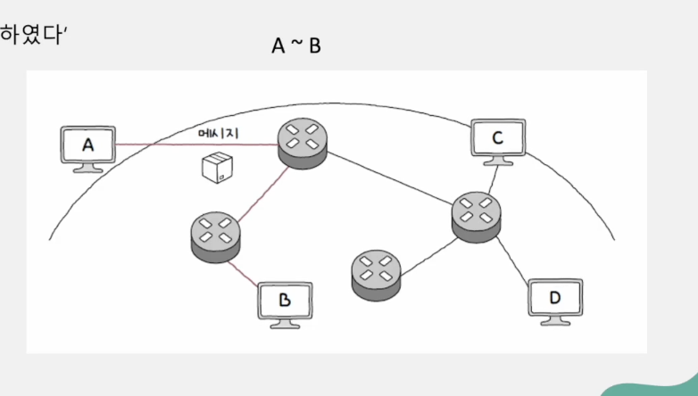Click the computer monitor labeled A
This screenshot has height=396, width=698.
pyautogui.click(x=87, y=144)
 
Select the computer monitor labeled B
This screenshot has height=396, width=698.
pyautogui.click(x=284, y=301)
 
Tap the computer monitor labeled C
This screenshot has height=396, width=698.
pyautogui.click(x=498, y=138)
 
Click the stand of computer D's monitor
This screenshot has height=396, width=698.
pyautogui.click(x=554, y=321)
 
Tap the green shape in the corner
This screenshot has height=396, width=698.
pyautogui.click(x=655, y=384)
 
